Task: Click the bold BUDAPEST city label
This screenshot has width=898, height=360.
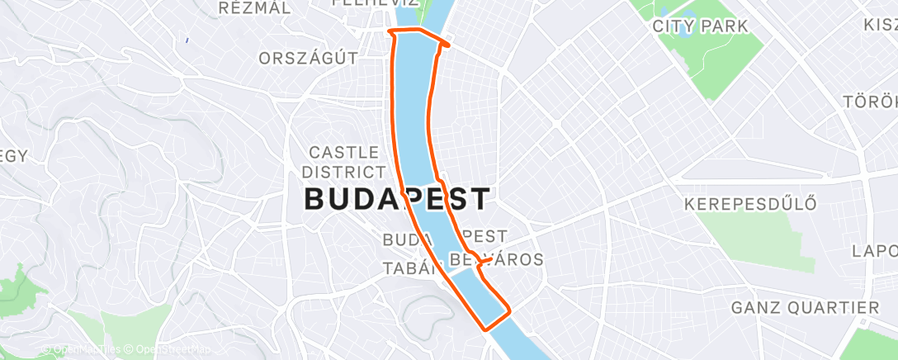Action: (398, 199)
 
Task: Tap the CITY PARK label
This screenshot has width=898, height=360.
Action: (700, 26)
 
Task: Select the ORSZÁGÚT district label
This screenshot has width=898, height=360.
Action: (308, 59)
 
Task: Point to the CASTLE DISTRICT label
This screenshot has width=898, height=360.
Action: (343, 162)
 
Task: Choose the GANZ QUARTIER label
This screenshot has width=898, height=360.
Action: (806, 308)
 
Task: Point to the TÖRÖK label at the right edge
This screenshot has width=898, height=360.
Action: (870, 102)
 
